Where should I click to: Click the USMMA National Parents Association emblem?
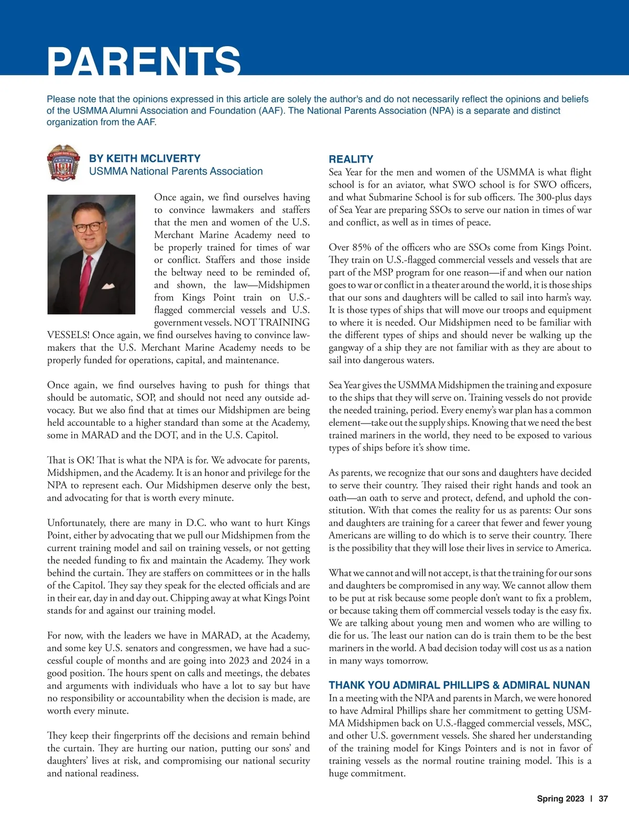pos(63,163)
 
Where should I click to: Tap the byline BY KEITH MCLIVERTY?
pos(145,158)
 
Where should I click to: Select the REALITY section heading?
pos(351,159)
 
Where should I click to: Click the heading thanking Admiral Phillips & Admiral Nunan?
pos(459,685)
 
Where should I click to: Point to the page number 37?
pos(603,799)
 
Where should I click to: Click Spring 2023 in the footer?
pos(560,799)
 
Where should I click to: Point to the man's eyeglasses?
pos(88,227)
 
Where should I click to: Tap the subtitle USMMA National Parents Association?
pos(176,171)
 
